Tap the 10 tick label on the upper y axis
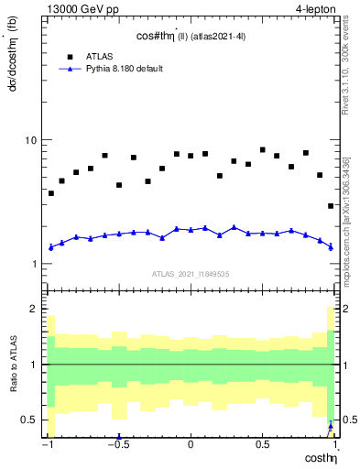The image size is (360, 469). (x=30, y=140)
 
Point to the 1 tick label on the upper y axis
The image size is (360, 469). (x=34, y=264)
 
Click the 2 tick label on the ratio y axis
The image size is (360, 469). (x=34, y=310)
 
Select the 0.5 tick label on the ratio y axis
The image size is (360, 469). (x=29, y=420)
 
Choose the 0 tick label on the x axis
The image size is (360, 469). (x=190, y=445)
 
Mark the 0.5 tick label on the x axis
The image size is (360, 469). (x=261, y=445)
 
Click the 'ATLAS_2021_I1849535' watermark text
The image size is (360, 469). (x=190, y=274)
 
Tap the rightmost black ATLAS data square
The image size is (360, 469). (x=331, y=206)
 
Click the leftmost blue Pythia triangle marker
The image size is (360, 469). (x=51, y=247)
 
